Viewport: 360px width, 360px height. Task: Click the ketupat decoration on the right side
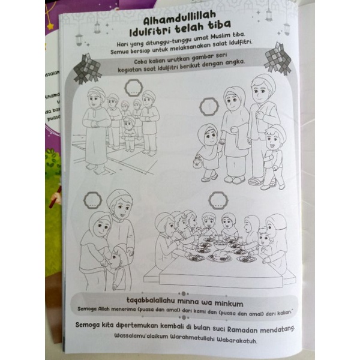278,58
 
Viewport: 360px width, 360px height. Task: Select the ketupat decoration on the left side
87,69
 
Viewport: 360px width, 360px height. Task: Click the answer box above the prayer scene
133,88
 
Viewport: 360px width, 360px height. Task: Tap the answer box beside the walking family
209,107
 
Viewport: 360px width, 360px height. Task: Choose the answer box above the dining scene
218,200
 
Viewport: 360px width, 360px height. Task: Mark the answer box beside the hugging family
92,200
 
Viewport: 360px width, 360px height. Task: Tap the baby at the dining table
265,240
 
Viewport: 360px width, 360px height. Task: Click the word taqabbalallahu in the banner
151,300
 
